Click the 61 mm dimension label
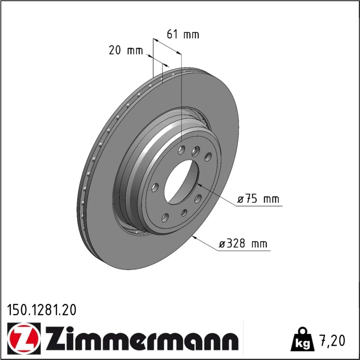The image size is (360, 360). coord(183,35)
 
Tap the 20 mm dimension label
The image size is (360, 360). coord(126,50)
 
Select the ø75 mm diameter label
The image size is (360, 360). coord(258,199)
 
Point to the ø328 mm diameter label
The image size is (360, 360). coord(243,244)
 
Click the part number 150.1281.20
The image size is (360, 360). coord(41,310)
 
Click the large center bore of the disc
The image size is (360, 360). coord(181,181)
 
